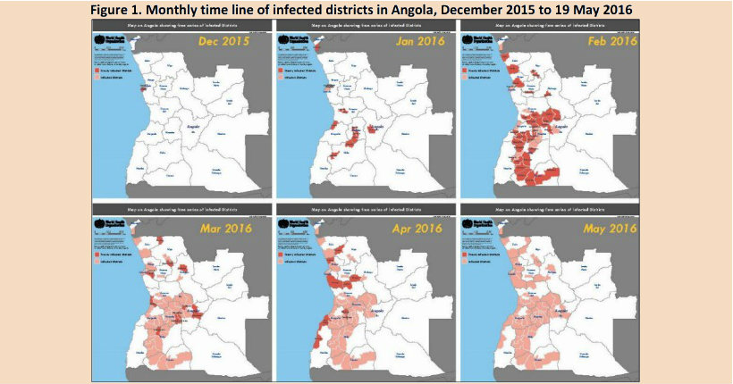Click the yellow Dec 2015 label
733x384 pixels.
coord(223,42)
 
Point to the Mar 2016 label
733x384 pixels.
coord(223,229)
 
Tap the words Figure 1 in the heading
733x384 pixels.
coord(125,9)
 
